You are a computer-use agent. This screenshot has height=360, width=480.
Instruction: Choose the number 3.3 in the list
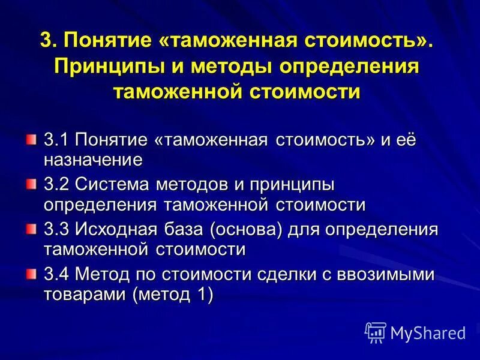point(56,230)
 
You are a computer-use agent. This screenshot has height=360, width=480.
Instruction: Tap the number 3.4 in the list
point(56,275)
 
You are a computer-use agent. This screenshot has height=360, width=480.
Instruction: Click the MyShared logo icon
point(375,332)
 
